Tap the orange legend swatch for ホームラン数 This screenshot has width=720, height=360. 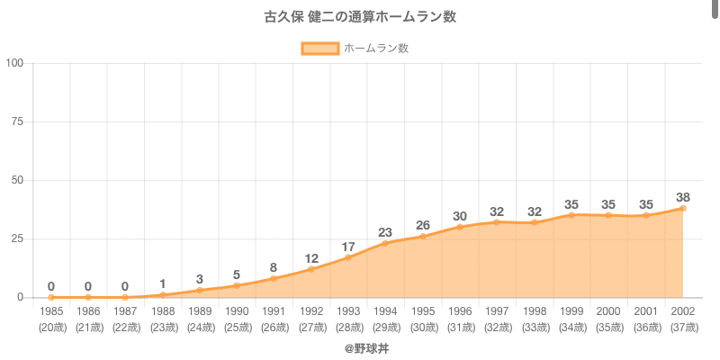tap(319, 48)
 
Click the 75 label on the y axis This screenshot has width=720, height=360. tap(17, 121)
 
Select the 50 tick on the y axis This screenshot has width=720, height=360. tap(17, 180)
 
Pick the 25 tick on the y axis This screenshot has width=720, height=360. tap(17, 238)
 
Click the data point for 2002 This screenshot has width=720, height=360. tap(683, 208)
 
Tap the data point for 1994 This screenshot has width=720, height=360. tap(385, 243)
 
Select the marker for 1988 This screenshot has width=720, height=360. tap(163, 294)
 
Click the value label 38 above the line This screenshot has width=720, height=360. tap(683, 197)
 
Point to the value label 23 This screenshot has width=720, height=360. tap(385, 232)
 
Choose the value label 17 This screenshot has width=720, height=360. tap(348, 246)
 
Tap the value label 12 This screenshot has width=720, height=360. tap(311, 257)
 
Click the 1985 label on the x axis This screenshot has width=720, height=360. tap(51, 311)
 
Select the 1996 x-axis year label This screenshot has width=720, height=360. tap(460, 311)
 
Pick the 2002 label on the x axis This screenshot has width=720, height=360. tap(683, 311)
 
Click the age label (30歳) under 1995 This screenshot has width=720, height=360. tap(423, 327)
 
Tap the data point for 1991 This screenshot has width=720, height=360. tap(274, 278)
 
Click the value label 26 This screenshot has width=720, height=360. tap(423, 225)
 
